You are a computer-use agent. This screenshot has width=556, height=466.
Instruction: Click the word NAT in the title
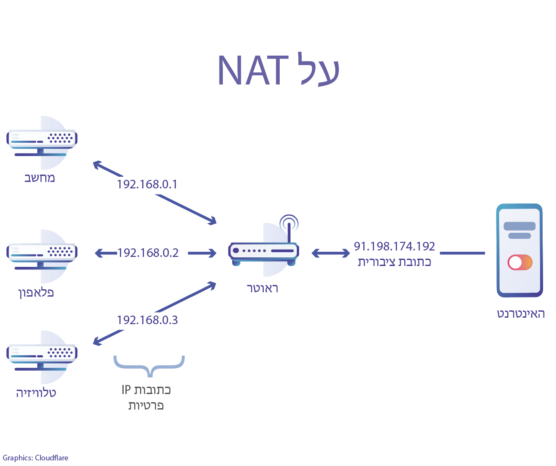[253, 70]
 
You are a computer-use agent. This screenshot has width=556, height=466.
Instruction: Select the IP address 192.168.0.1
[147, 185]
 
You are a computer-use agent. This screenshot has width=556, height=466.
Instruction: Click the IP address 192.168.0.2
[148, 253]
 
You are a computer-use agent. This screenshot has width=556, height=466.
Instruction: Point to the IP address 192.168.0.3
[147, 320]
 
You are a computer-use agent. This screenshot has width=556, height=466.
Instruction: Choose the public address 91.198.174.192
[394, 246]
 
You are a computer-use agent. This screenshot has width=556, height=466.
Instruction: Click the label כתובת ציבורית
[394, 262]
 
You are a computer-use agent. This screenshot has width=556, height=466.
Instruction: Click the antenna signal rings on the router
[289, 223]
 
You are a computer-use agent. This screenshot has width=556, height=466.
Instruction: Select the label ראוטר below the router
[262, 288]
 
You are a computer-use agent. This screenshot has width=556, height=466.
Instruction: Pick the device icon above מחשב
[42, 142]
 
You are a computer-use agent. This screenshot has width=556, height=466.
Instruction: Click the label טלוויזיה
[36, 393]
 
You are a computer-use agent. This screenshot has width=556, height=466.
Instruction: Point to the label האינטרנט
[521, 314]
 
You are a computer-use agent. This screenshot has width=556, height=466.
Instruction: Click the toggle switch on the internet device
[520, 262]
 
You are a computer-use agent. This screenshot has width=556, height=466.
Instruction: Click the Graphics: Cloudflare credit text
[35, 458]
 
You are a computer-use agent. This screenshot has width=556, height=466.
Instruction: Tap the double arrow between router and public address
[331, 253]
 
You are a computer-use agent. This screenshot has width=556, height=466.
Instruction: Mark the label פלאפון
[36, 293]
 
